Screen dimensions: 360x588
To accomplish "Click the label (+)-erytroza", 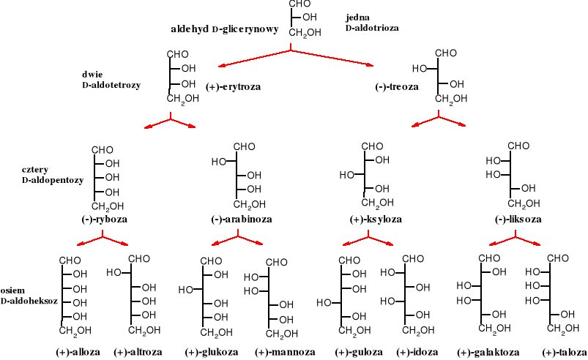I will [234, 86].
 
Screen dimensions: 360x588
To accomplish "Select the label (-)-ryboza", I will [103, 219].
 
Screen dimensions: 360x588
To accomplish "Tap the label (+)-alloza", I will [78, 351].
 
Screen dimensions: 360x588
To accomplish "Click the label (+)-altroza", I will [139, 351].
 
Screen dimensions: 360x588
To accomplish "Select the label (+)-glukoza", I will [212, 351].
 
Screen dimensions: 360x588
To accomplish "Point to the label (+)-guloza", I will [359, 351].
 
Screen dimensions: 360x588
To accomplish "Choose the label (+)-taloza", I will [562, 351].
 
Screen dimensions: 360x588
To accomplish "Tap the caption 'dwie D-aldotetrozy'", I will [110, 80].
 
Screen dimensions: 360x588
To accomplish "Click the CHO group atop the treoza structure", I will [447, 53].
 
